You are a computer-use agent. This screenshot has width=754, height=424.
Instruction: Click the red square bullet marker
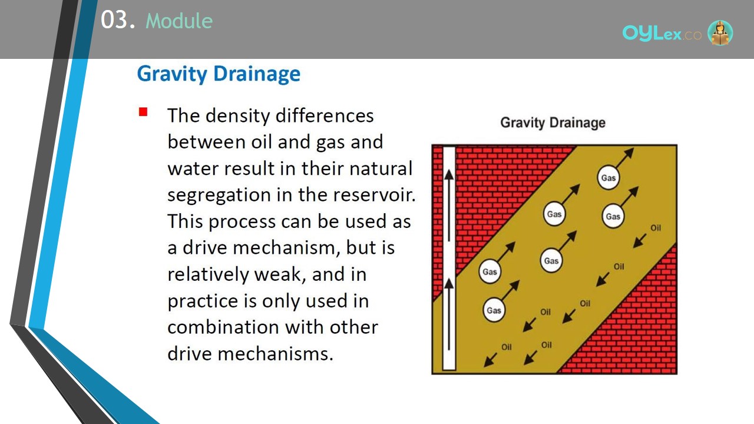143,112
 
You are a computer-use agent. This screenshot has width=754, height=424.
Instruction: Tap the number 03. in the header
118,20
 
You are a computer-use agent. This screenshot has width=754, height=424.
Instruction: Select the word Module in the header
179,21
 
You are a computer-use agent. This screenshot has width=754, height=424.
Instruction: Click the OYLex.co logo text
662,34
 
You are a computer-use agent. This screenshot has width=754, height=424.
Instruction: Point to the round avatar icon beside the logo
720,32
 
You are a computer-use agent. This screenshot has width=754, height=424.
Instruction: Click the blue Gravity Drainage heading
219,74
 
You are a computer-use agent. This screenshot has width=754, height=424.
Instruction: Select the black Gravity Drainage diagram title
553,122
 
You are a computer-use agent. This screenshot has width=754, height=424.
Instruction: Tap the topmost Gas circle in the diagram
609,178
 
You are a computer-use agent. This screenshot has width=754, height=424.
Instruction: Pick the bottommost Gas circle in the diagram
494,310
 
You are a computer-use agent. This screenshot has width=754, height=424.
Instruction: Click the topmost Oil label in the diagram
656,228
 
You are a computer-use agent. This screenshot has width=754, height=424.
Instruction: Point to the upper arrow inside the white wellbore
449,206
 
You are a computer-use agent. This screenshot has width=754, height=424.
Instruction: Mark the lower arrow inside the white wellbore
449,314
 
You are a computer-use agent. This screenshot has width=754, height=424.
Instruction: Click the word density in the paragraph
238,116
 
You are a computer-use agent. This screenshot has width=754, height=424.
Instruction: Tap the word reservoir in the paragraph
374,195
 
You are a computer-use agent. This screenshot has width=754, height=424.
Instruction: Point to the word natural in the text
381,168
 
